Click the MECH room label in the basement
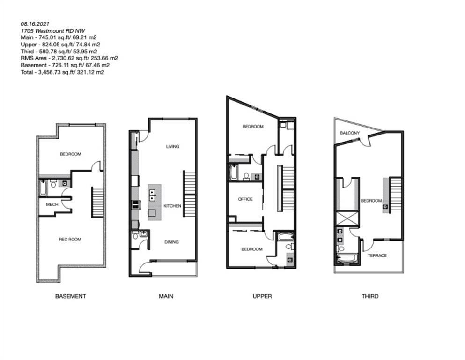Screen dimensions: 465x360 (x=52, y=204)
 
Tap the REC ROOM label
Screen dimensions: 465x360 (x=70, y=240)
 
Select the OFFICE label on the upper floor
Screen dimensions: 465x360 (x=245, y=199)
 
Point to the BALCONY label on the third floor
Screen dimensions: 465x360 (x=350, y=133)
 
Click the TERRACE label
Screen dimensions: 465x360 (x=377, y=255)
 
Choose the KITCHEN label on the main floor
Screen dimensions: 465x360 (x=172, y=206)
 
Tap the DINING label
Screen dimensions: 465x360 (x=172, y=242)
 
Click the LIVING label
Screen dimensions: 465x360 (x=173, y=147)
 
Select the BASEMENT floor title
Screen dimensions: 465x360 (x=71, y=296)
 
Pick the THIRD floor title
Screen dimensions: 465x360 (x=370, y=296)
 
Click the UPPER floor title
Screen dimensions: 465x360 (x=262, y=296)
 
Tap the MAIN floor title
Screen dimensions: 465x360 (x=166, y=296)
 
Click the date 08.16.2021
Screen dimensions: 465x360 (x=35, y=24)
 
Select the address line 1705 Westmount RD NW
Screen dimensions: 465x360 (x=53, y=31)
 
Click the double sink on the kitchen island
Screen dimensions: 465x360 (x=152, y=195)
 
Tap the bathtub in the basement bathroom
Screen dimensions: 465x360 (x=43, y=188)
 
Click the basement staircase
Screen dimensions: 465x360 (x=97, y=202)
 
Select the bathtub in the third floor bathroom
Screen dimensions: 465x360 (x=347, y=258)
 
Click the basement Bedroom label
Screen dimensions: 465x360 (x=71, y=154)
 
